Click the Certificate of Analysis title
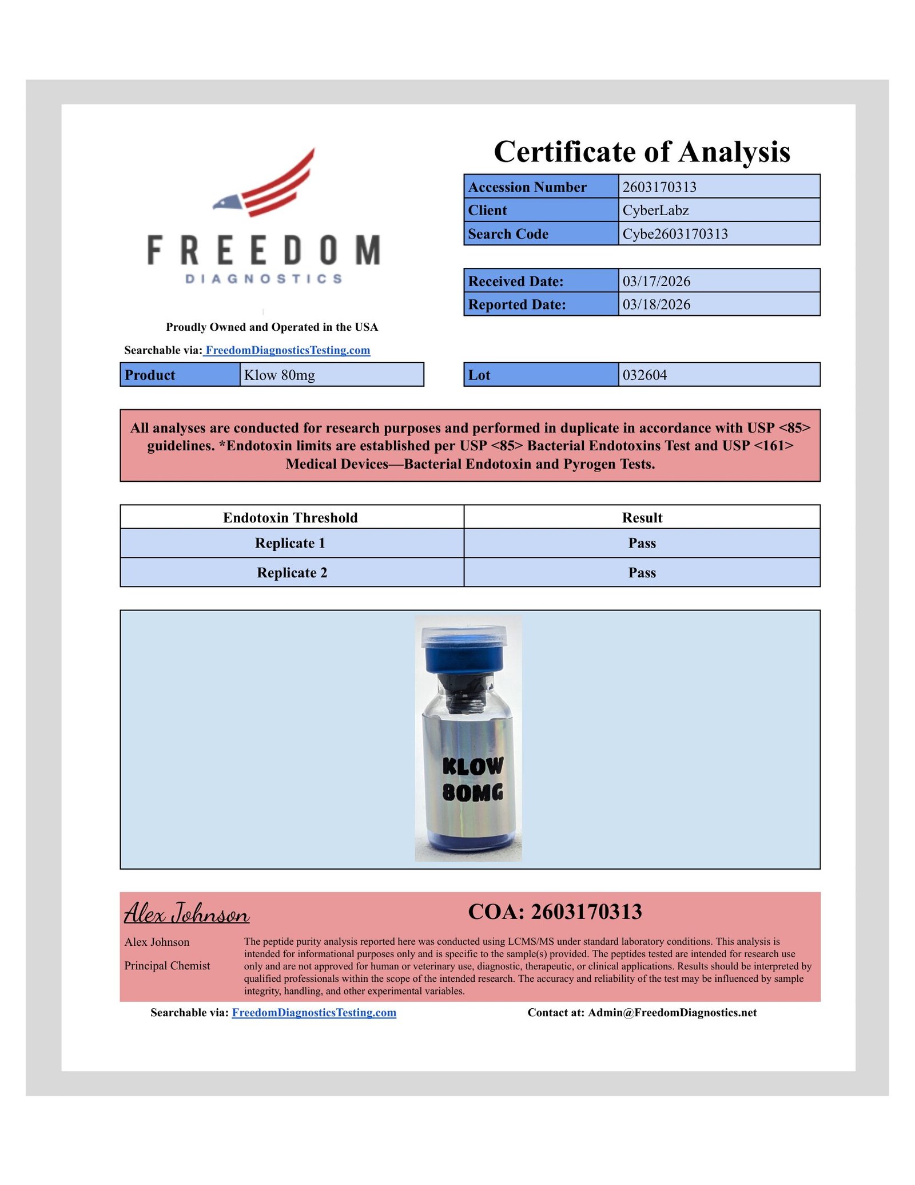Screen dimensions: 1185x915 click(x=642, y=152)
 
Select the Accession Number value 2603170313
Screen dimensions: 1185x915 click(x=659, y=187)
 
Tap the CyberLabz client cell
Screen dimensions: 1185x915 click(x=655, y=211)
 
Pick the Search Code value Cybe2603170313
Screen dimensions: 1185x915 click(x=675, y=234)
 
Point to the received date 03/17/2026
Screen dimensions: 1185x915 click(x=657, y=282)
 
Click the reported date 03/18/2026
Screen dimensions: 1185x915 click(x=657, y=305)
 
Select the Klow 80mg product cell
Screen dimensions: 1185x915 click(x=280, y=375)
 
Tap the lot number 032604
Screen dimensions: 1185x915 click(x=645, y=375)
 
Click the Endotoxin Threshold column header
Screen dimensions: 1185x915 click(x=291, y=518)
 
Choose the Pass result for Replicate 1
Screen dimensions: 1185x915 click(x=642, y=543)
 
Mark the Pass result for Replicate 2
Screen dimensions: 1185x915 click(x=642, y=573)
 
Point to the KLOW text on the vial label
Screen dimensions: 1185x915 click(x=473, y=766)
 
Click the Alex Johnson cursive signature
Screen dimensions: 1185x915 click(x=187, y=913)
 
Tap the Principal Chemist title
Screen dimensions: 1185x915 click(x=168, y=966)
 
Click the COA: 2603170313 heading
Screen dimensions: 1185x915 click(x=555, y=912)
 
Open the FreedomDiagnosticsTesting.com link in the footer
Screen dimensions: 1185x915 click(x=314, y=1013)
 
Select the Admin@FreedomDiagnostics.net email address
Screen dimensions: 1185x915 click(x=672, y=1013)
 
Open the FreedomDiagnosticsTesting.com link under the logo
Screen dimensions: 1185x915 click(x=288, y=350)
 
